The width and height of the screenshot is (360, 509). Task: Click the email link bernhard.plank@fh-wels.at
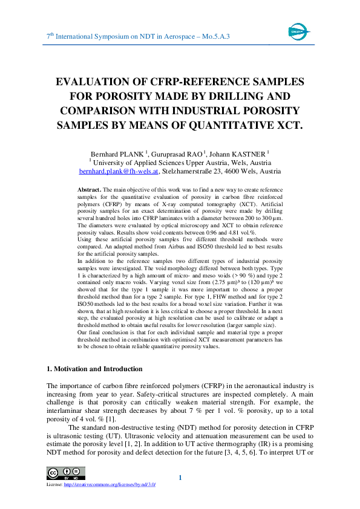click(x=119, y=171)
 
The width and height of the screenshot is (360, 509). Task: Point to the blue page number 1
click(x=180, y=479)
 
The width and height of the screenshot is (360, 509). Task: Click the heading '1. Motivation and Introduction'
click(x=94, y=369)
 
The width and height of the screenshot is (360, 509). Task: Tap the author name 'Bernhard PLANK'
click(x=115, y=154)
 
